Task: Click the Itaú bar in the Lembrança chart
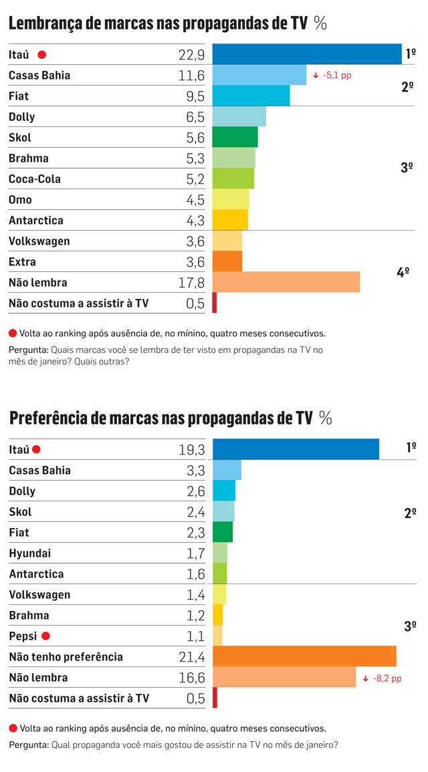click(x=307, y=54)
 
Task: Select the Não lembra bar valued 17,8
click(x=286, y=282)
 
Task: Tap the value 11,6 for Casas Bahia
click(x=191, y=76)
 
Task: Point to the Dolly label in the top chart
click(x=22, y=117)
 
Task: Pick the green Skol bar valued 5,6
click(x=235, y=137)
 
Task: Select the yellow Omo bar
click(x=230, y=199)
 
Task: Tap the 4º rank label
click(x=403, y=272)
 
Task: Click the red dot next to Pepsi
click(x=46, y=636)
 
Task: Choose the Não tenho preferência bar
click(x=304, y=656)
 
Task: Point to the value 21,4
click(x=191, y=657)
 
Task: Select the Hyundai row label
click(x=30, y=553)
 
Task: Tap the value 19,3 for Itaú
click(x=191, y=450)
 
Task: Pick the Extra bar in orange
click(x=227, y=261)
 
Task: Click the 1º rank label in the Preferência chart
click(x=411, y=447)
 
